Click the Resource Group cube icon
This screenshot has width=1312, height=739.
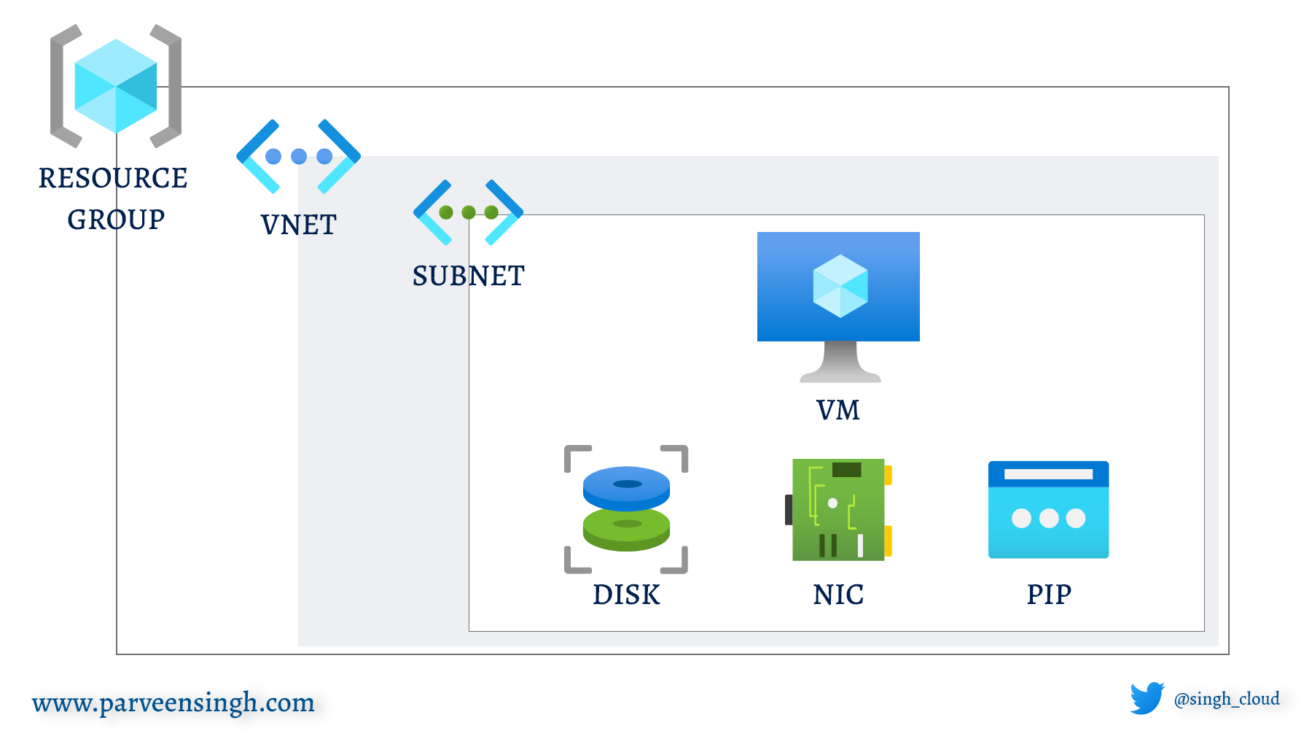click(116, 86)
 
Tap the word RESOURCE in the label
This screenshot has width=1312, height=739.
click(113, 178)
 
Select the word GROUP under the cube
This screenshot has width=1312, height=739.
click(116, 220)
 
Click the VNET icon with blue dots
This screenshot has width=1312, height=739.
click(298, 156)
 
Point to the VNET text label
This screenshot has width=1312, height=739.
click(299, 225)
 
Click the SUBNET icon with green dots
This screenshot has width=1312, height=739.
click(468, 212)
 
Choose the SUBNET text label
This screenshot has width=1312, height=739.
click(468, 276)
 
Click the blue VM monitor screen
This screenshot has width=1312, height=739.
click(838, 286)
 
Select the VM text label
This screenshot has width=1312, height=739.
click(838, 410)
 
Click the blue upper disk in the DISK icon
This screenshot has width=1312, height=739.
click(626, 487)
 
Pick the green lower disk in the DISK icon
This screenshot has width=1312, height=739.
click(626, 528)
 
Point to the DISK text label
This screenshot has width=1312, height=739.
click(626, 595)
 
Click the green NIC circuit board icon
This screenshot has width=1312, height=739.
click(838, 509)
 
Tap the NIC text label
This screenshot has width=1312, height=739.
click(838, 595)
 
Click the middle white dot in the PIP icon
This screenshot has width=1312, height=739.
click(1048, 518)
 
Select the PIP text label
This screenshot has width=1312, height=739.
click(1049, 595)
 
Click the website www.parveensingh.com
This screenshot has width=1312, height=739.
click(173, 703)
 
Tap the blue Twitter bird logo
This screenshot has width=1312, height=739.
click(1147, 698)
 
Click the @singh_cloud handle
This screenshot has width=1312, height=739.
click(1227, 699)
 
